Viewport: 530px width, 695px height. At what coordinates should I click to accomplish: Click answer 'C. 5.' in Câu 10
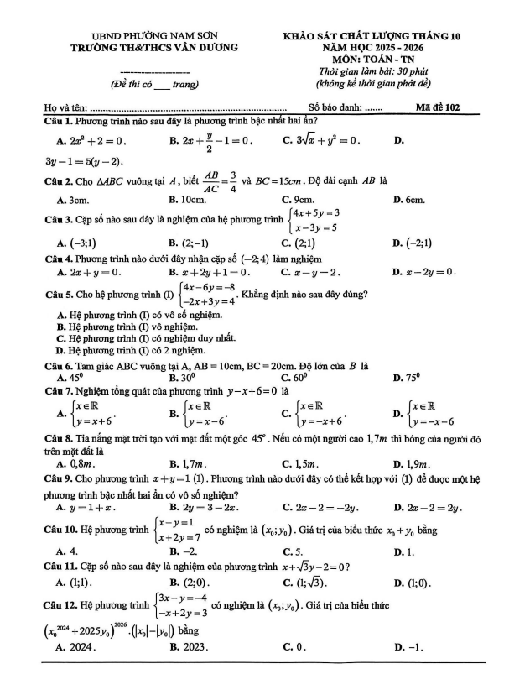pos(294,551)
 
